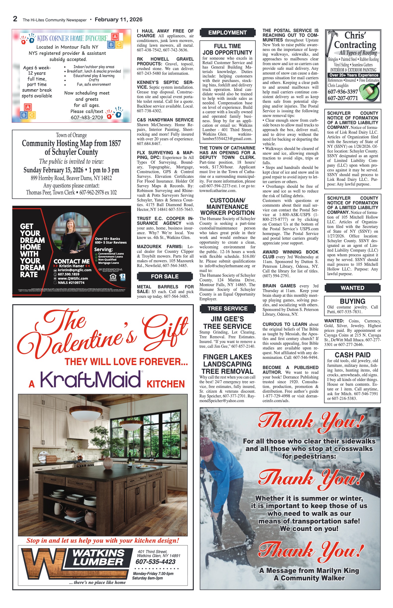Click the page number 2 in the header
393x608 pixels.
(15, 19)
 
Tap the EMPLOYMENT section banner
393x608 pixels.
(227, 33)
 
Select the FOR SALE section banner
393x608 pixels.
(164, 276)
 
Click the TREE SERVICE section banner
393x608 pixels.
(227, 308)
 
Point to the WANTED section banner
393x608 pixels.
(352, 288)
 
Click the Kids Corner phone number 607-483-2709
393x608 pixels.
(87, 117)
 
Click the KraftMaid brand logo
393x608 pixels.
(91, 380)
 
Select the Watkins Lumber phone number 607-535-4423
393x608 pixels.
(155, 562)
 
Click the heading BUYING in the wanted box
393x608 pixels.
(352, 301)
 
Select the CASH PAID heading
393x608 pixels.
(352, 355)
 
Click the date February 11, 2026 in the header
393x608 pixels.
(118, 20)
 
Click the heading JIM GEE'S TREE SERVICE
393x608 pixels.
(227, 323)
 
